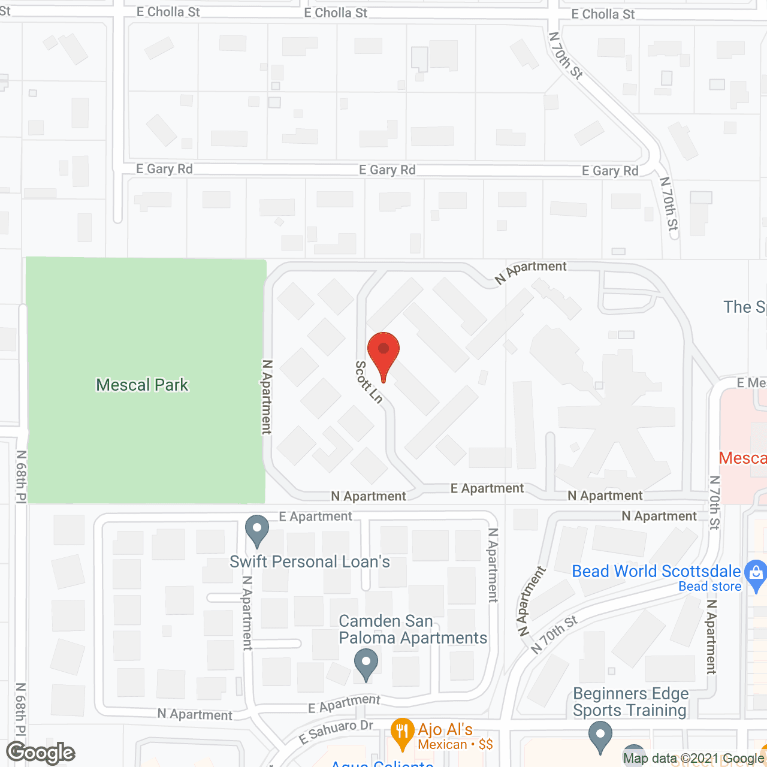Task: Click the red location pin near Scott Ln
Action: pyautogui.click(x=383, y=351)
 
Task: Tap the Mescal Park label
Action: pyautogui.click(x=142, y=385)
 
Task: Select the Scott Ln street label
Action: pyautogui.click(x=369, y=382)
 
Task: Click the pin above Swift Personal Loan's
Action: pyautogui.click(x=257, y=530)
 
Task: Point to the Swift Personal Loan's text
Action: pyautogui.click(x=310, y=561)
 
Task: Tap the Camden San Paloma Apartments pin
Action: pyautogui.click(x=366, y=664)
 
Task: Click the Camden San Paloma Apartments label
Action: pyautogui.click(x=413, y=629)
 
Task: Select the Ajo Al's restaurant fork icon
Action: pyautogui.click(x=402, y=732)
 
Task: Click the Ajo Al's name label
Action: pyautogui.click(x=445, y=729)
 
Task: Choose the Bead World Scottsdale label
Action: pyautogui.click(x=656, y=571)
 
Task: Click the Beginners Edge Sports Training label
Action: pyautogui.click(x=630, y=702)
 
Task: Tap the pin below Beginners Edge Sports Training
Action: pyautogui.click(x=600, y=735)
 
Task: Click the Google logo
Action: pyautogui.click(x=41, y=753)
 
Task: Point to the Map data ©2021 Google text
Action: pyautogui.click(x=693, y=759)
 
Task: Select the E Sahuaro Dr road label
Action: pyautogui.click(x=336, y=732)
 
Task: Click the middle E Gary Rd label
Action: pyautogui.click(x=387, y=170)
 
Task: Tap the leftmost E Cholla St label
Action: pyautogui.click(x=168, y=12)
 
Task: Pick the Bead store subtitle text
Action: pyautogui.click(x=709, y=587)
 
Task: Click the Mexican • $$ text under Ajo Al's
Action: pyautogui.click(x=455, y=745)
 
